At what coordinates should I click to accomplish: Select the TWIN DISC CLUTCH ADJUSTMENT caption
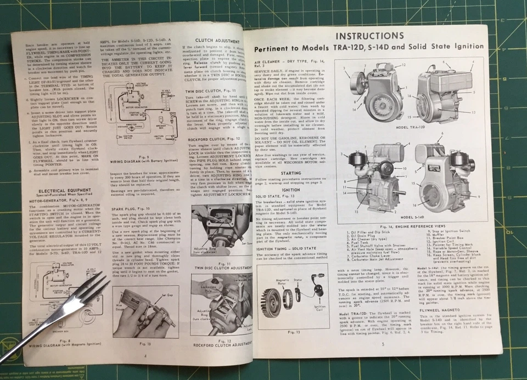[215, 268]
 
